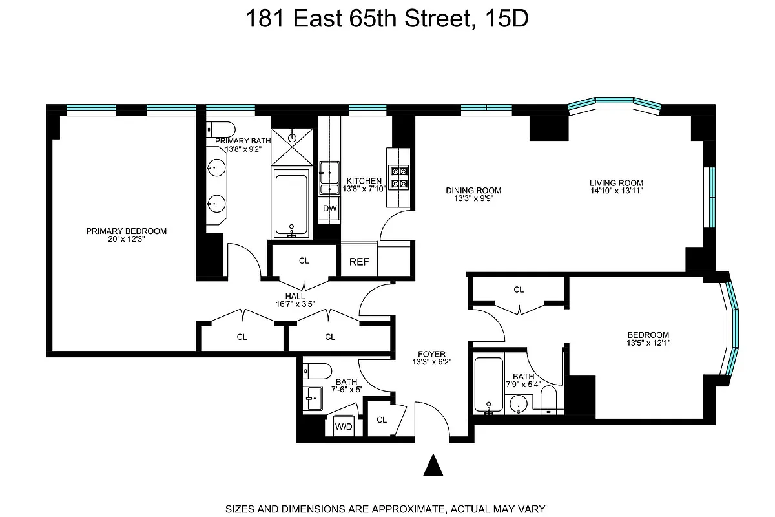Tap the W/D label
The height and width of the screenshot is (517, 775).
click(344, 426)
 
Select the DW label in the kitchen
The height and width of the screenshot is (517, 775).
click(329, 209)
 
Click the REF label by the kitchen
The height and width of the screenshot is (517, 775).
click(359, 262)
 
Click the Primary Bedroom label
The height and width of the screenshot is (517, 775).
click(127, 231)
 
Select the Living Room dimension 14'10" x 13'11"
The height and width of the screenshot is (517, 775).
click(617, 191)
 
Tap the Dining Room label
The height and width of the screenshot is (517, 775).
click(473, 190)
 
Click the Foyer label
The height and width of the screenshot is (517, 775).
click(431, 353)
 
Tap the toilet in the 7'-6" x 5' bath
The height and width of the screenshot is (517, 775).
click(316, 371)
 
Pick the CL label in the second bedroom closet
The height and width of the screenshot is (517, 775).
click(519, 290)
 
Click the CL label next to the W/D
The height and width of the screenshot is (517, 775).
click(382, 419)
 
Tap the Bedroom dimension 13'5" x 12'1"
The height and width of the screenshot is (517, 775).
click(648, 343)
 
